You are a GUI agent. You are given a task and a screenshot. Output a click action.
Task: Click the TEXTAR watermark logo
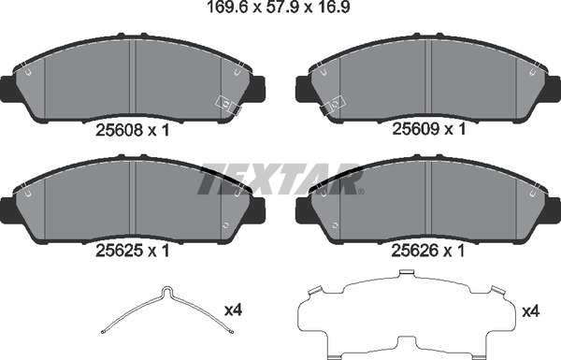tap(280, 178)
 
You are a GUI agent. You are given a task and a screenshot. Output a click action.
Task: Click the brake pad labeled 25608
tap(136, 79)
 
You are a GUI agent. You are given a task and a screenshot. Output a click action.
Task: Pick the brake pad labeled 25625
tap(136, 201)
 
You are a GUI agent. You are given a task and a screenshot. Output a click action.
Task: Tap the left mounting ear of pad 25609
tap(303, 89)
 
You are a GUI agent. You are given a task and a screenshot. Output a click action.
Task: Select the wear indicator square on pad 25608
tap(226, 102)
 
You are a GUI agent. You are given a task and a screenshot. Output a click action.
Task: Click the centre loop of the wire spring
tap(165, 293)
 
